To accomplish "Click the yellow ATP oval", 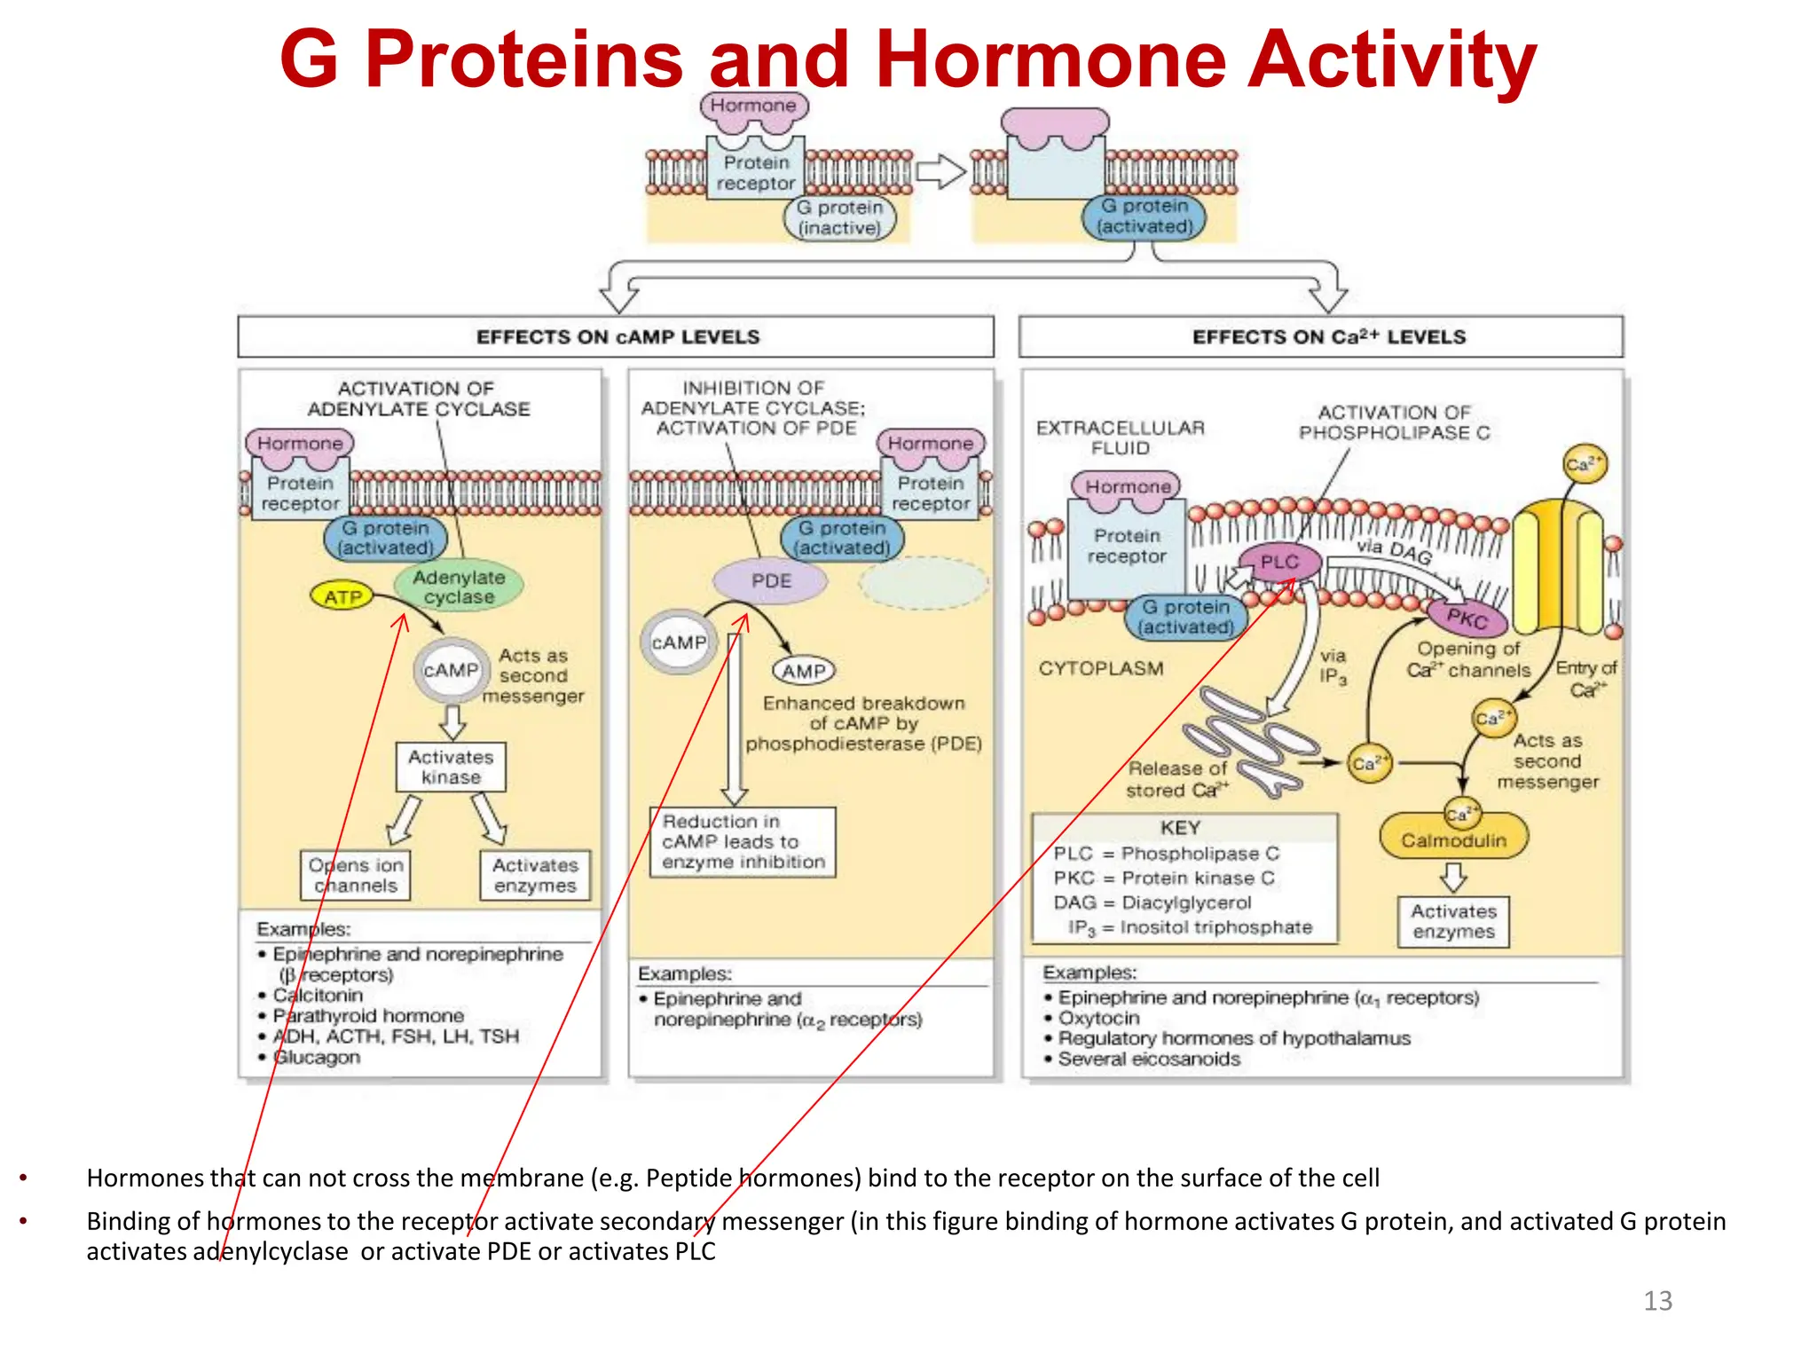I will click(342, 596).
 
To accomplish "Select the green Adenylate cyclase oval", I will click(459, 587).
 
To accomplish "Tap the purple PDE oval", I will click(770, 581).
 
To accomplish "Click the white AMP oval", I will click(804, 672).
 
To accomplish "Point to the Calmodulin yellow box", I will click(1453, 839).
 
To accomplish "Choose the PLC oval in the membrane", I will click(1278, 562).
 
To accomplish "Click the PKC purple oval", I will click(1467, 618).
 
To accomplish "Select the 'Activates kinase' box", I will click(451, 767).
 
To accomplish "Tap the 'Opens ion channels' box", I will click(355, 875).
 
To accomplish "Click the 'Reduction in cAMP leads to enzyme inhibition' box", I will click(743, 841).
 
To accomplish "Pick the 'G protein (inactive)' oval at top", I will click(839, 217).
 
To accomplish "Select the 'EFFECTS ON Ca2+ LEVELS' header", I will click(1328, 337).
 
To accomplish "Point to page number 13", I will click(1656, 1301).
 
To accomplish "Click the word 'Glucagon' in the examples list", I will click(317, 1058).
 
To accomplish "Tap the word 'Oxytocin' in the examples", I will click(1098, 1018).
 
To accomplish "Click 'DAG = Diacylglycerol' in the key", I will click(1152, 902).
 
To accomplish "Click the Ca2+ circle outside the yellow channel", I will click(1584, 463).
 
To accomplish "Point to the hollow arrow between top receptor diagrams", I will click(940, 171).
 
